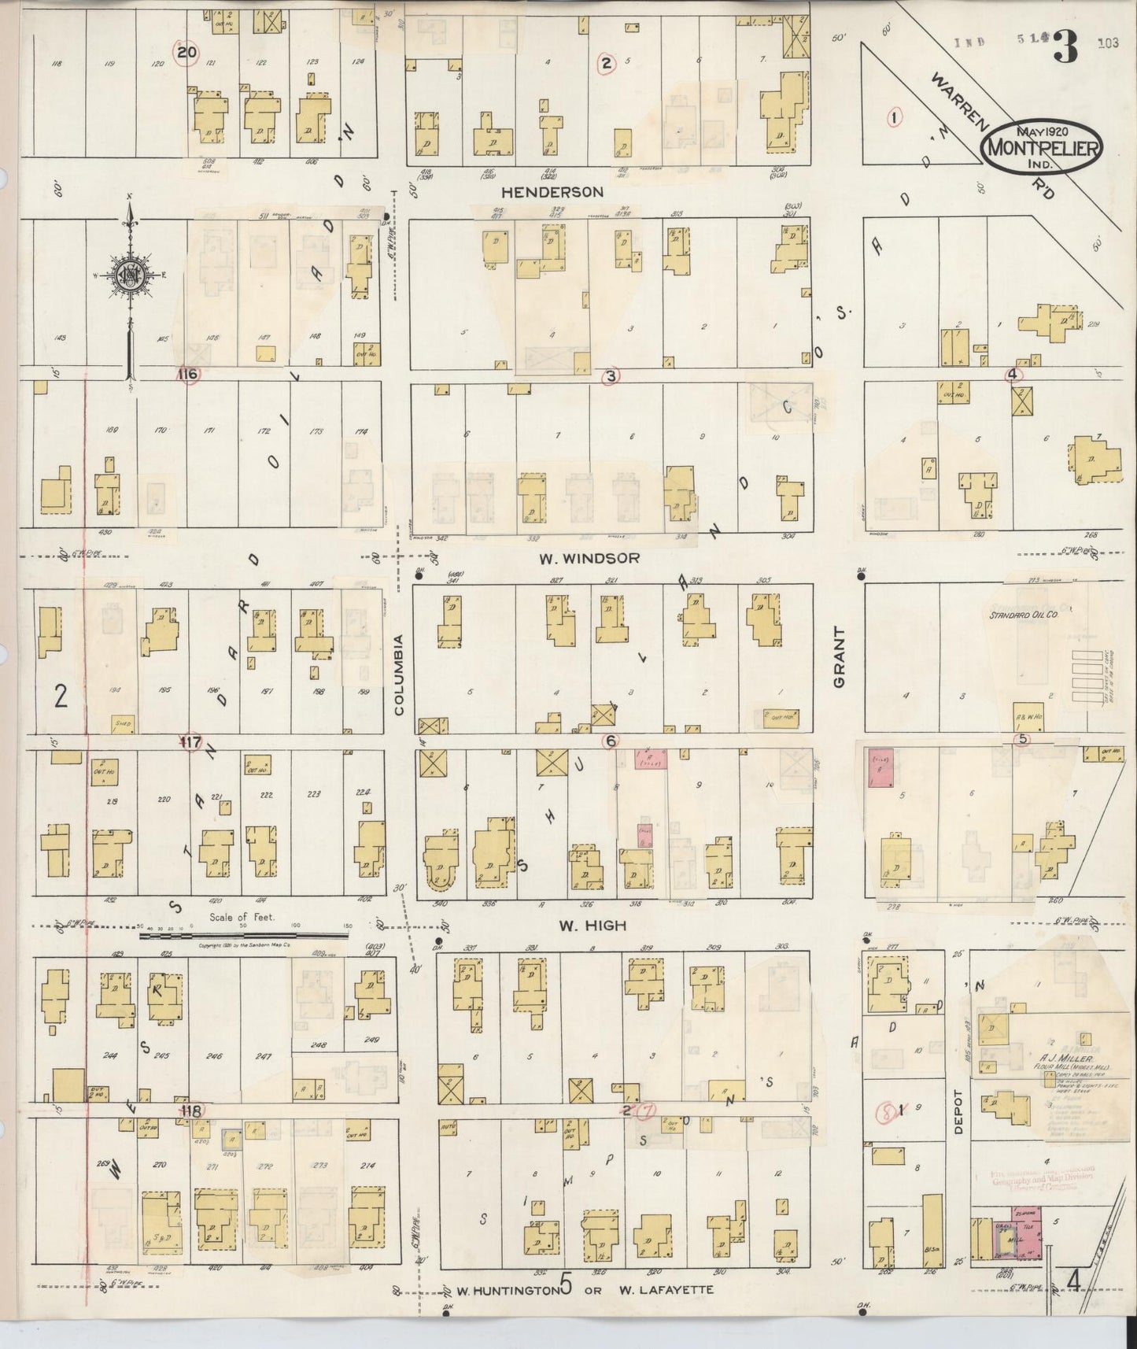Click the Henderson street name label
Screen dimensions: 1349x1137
pyautogui.click(x=552, y=191)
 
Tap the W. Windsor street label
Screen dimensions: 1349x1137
pyautogui.click(x=589, y=558)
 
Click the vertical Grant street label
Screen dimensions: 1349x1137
pyautogui.click(x=839, y=657)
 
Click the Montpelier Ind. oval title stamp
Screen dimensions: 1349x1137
pyautogui.click(x=1042, y=146)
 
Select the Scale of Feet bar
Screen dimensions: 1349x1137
pyautogui.click(x=243, y=934)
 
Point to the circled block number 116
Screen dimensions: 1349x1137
pyautogui.click(x=188, y=374)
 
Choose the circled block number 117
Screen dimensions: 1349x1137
pyautogui.click(x=190, y=742)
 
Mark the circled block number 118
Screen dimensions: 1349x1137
pyautogui.click(x=191, y=1111)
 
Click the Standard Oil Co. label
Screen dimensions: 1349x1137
pyautogui.click(x=1023, y=615)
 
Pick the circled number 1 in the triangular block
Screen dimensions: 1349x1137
pyautogui.click(x=893, y=117)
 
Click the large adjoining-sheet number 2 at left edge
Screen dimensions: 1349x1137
pyautogui.click(x=61, y=697)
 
